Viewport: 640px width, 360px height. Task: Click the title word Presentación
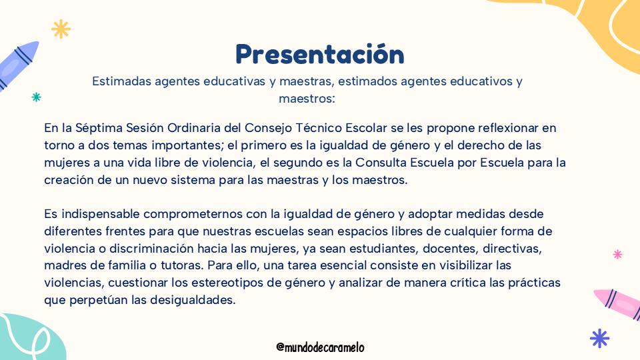319,54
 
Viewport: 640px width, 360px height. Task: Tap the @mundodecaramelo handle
320,347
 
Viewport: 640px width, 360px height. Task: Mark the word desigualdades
193,301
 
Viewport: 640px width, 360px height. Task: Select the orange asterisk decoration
61,29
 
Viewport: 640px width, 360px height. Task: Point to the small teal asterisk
36,97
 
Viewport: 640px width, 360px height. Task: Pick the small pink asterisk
617,254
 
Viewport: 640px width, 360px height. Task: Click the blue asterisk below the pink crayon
599,339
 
